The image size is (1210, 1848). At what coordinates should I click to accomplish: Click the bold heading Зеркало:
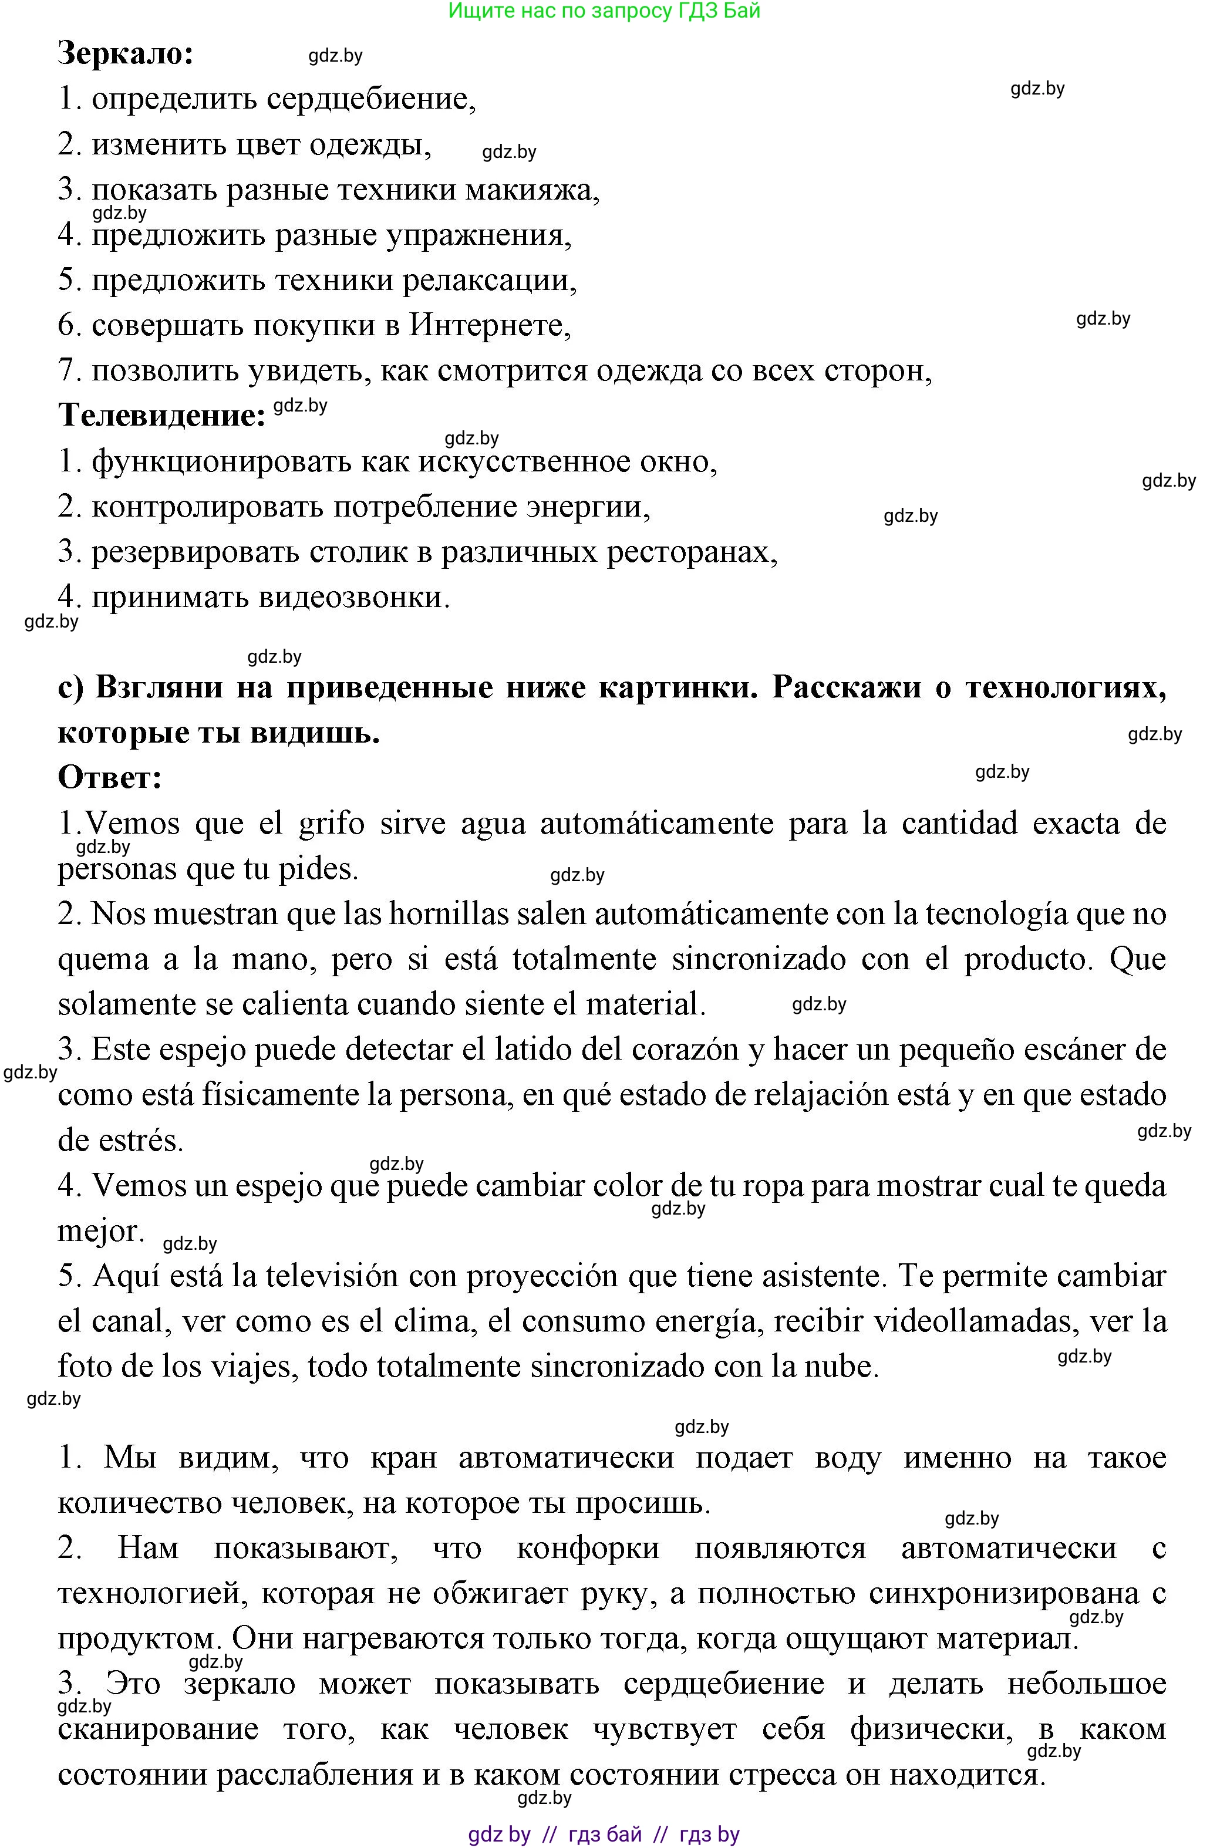tap(126, 55)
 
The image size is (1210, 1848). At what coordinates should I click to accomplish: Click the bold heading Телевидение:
tap(162, 416)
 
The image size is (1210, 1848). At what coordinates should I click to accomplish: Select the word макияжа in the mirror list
tap(531, 190)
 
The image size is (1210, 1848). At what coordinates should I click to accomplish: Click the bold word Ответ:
tap(110, 777)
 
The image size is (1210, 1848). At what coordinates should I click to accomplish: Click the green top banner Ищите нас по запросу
tap(604, 11)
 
